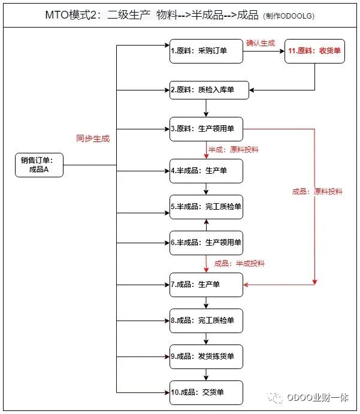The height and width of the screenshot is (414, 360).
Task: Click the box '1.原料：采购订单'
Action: coord(206,52)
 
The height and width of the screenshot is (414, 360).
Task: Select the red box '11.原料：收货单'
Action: coord(315,52)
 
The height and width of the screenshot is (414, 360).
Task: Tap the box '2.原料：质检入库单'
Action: coord(206,90)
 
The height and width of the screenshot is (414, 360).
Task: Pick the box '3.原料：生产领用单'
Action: coord(206,128)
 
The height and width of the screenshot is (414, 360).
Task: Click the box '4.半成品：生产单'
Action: coord(206,171)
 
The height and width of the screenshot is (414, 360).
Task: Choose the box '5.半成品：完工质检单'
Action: coord(206,207)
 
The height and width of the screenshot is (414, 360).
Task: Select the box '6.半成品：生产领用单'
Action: coord(206,243)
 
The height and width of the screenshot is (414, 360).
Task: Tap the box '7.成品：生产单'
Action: coord(206,284)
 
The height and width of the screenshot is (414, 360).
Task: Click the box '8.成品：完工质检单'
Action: coord(206,321)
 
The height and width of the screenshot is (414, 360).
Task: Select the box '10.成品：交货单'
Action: coord(206,392)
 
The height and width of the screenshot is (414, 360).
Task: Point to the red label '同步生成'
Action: coord(93,138)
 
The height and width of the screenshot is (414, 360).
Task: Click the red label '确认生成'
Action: coord(261,43)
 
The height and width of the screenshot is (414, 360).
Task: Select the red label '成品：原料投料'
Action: coord(317,192)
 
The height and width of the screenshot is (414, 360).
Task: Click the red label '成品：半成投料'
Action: coord(240,263)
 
